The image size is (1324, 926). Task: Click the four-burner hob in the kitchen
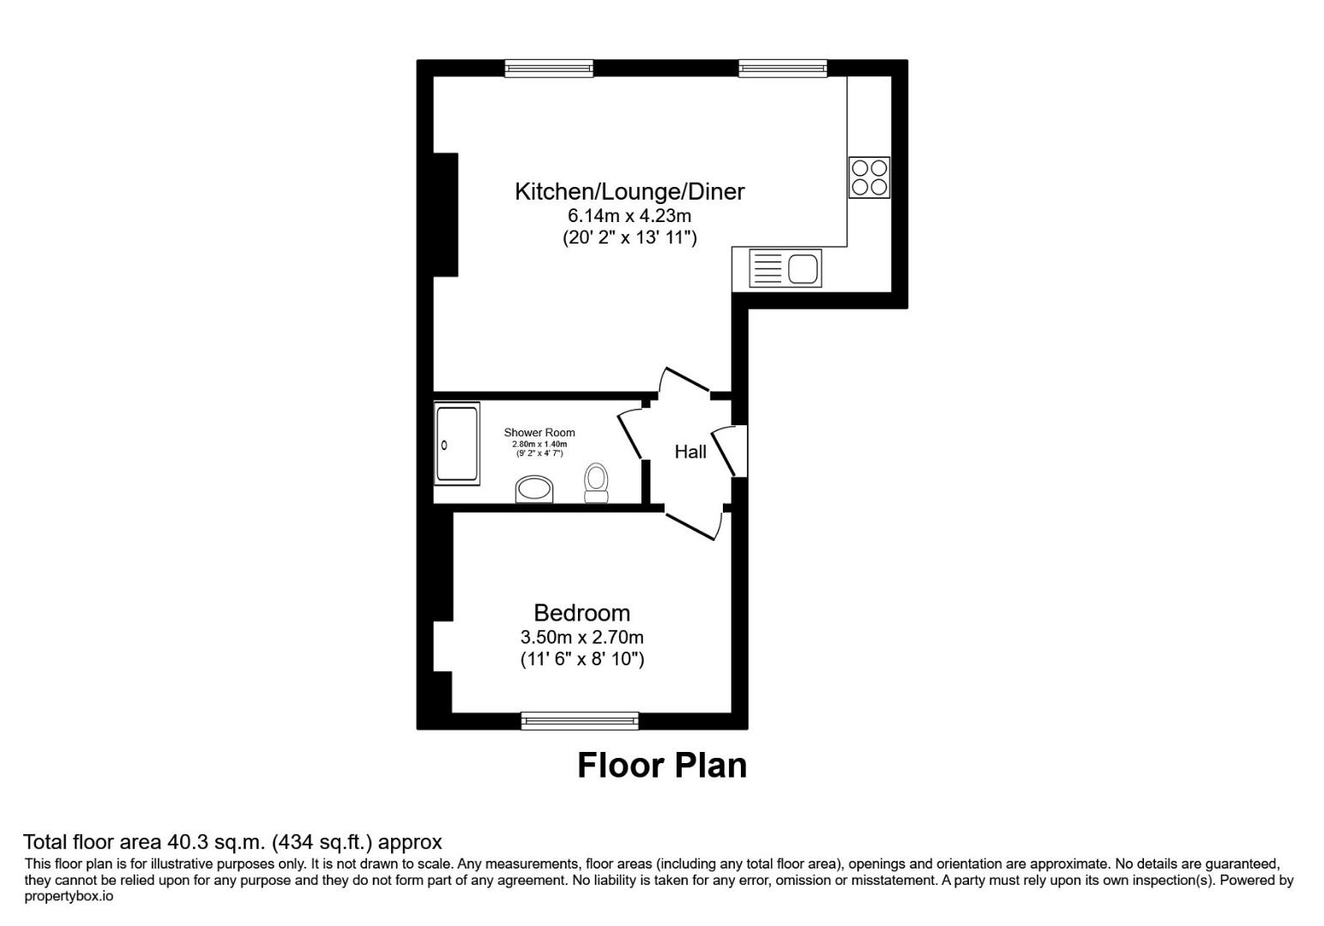coord(869,177)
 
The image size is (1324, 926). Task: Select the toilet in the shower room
coord(596,483)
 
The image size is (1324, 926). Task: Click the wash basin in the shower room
coord(535,490)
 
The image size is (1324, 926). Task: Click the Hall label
coord(690,452)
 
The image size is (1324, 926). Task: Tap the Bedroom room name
coord(581,613)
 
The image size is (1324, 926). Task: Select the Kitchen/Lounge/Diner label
coord(629,191)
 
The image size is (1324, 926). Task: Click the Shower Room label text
coord(539,433)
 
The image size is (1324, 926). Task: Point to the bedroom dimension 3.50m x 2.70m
coord(581,637)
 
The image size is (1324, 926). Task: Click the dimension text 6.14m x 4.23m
coord(629,215)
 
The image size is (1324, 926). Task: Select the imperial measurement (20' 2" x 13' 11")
coord(629,238)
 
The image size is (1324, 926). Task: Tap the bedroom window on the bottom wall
coord(580,721)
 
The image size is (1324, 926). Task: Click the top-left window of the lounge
coord(549,69)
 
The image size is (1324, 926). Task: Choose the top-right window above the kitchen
coord(783,69)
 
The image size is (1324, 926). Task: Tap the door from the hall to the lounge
coord(687,381)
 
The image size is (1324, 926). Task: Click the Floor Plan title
coord(661,765)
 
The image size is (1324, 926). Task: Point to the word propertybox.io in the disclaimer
coord(69,896)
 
